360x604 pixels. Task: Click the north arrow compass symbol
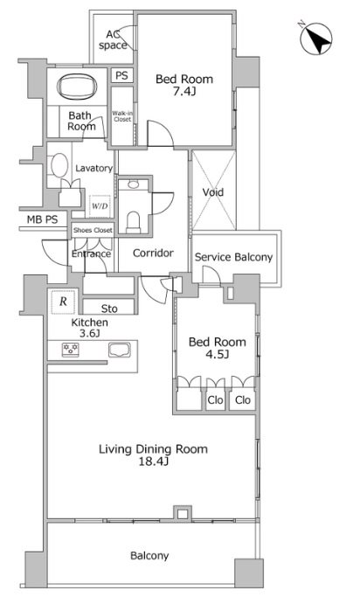(315, 38)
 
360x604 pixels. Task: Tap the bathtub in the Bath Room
(77, 87)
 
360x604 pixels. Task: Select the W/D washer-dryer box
(100, 206)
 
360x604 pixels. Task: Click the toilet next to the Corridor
(133, 222)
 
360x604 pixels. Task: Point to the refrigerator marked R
(63, 302)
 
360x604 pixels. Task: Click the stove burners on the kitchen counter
(71, 350)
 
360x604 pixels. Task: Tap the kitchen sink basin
(120, 350)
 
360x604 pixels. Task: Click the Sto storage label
(109, 309)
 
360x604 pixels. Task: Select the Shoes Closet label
(93, 231)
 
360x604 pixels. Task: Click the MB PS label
(42, 219)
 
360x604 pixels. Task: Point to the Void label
(213, 191)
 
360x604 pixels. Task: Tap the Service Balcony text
(233, 257)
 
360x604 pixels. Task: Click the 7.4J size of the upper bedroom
(184, 92)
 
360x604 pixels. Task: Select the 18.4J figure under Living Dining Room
(153, 462)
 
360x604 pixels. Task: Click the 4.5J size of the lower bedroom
(218, 354)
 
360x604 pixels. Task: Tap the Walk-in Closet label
(122, 116)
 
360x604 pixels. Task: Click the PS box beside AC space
(121, 75)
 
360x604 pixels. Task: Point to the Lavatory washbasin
(59, 165)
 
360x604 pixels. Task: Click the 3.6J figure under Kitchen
(90, 333)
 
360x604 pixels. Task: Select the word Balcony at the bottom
(149, 555)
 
